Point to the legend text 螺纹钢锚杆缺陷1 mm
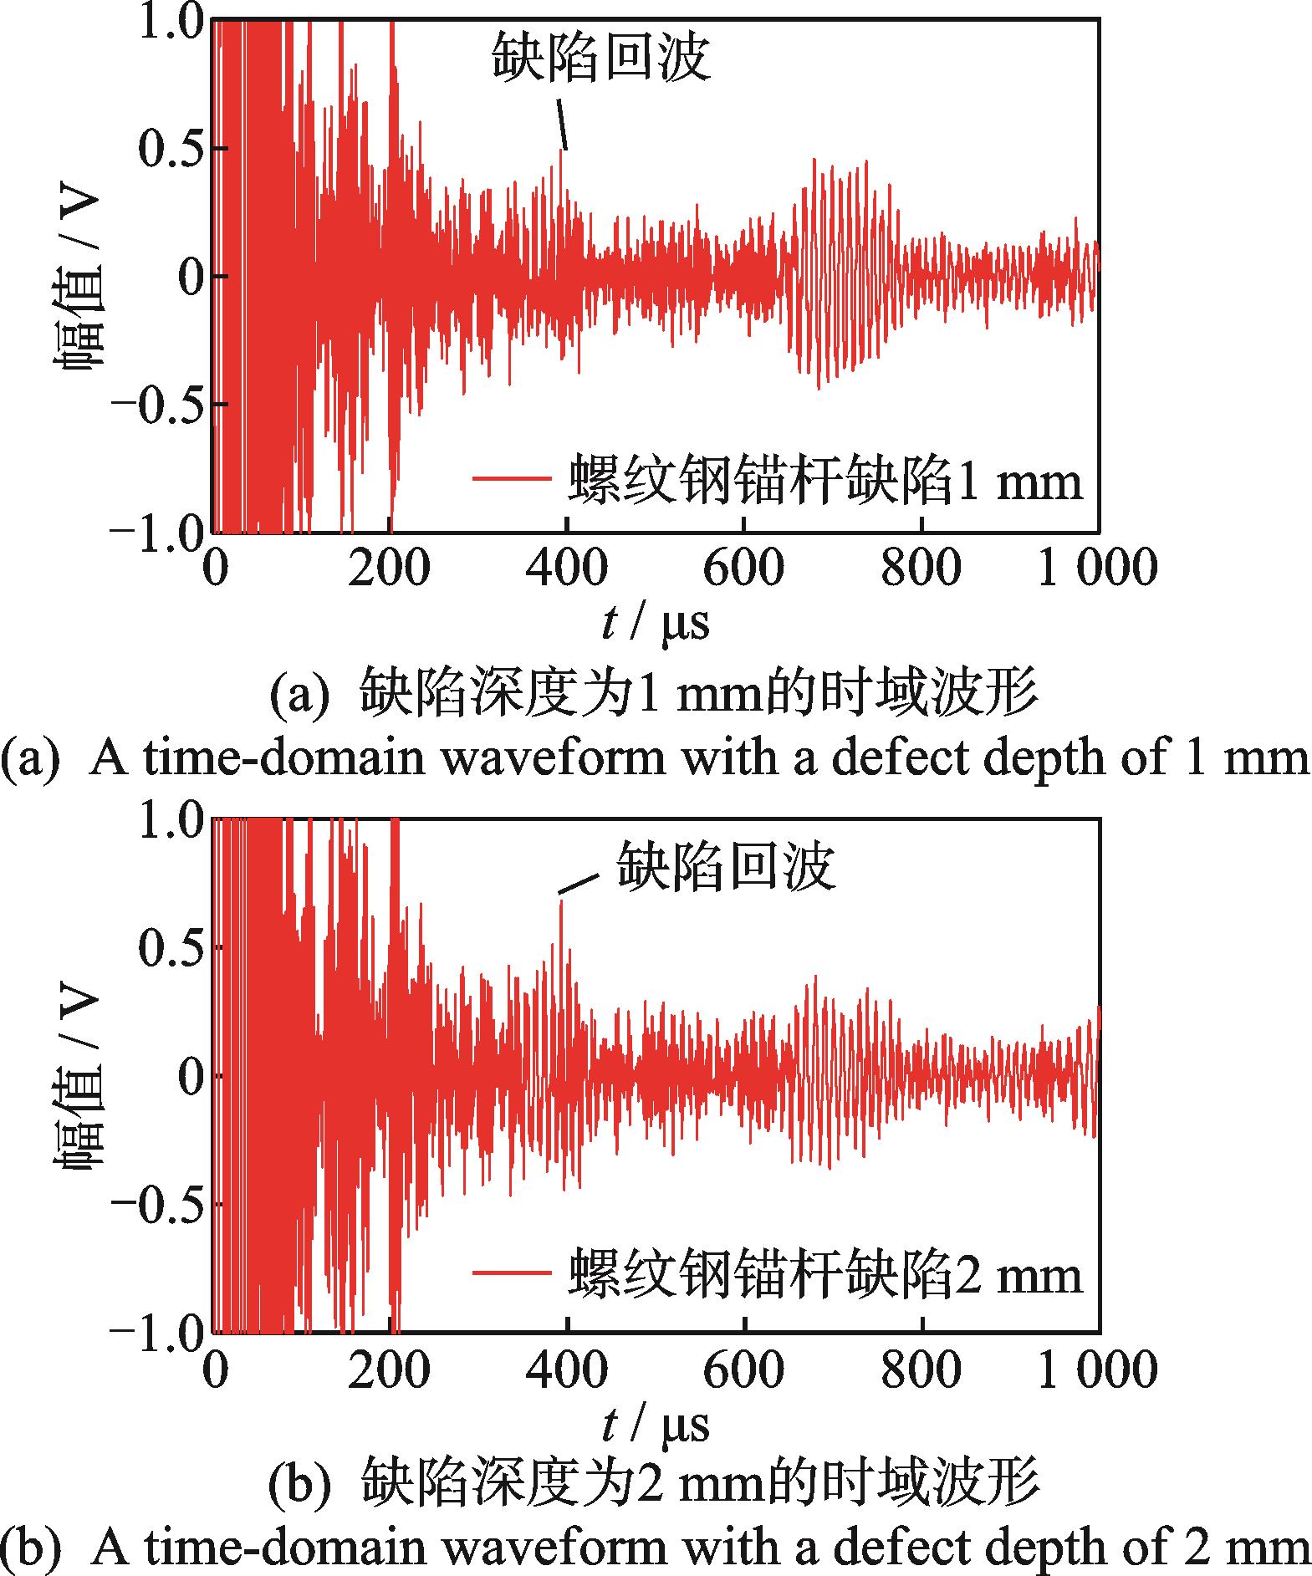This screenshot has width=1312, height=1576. tap(824, 480)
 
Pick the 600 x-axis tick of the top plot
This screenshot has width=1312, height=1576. tap(743, 569)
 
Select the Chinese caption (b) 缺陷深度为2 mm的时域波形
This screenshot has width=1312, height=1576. tap(655, 1483)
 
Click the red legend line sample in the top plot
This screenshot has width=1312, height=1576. tap(512, 479)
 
